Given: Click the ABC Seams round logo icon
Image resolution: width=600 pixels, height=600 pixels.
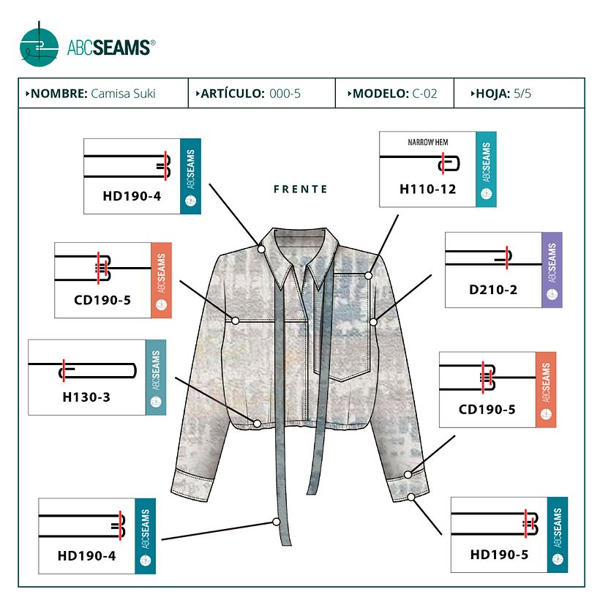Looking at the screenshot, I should (39, 45).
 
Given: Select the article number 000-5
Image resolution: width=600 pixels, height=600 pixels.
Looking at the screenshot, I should (285, 94).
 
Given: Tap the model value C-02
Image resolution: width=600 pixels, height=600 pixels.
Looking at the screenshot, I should (424, 94).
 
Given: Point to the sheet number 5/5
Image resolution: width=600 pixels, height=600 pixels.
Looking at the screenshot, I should (522, 94).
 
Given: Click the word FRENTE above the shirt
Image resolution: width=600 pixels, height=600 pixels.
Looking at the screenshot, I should (301, 189).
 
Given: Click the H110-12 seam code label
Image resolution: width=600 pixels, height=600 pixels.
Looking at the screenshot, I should (427, 189).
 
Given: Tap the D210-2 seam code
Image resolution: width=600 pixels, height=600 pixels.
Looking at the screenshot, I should (493, 290).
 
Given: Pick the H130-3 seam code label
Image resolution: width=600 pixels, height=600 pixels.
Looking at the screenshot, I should (86, 397).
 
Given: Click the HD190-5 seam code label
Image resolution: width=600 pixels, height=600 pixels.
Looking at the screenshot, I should (499, 555).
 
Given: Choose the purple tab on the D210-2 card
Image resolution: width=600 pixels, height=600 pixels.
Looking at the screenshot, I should (552, 269).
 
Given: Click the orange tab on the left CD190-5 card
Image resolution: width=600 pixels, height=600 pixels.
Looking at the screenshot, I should (161, 280).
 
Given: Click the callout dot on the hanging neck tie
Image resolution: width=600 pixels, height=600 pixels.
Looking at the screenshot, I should (277, 522).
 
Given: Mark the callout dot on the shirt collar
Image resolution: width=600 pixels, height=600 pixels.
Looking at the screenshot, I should (261, 249).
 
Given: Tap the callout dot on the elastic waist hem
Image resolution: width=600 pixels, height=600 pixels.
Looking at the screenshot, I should (257, 423).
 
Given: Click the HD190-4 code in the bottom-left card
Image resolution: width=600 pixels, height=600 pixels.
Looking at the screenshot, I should (86, 555).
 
